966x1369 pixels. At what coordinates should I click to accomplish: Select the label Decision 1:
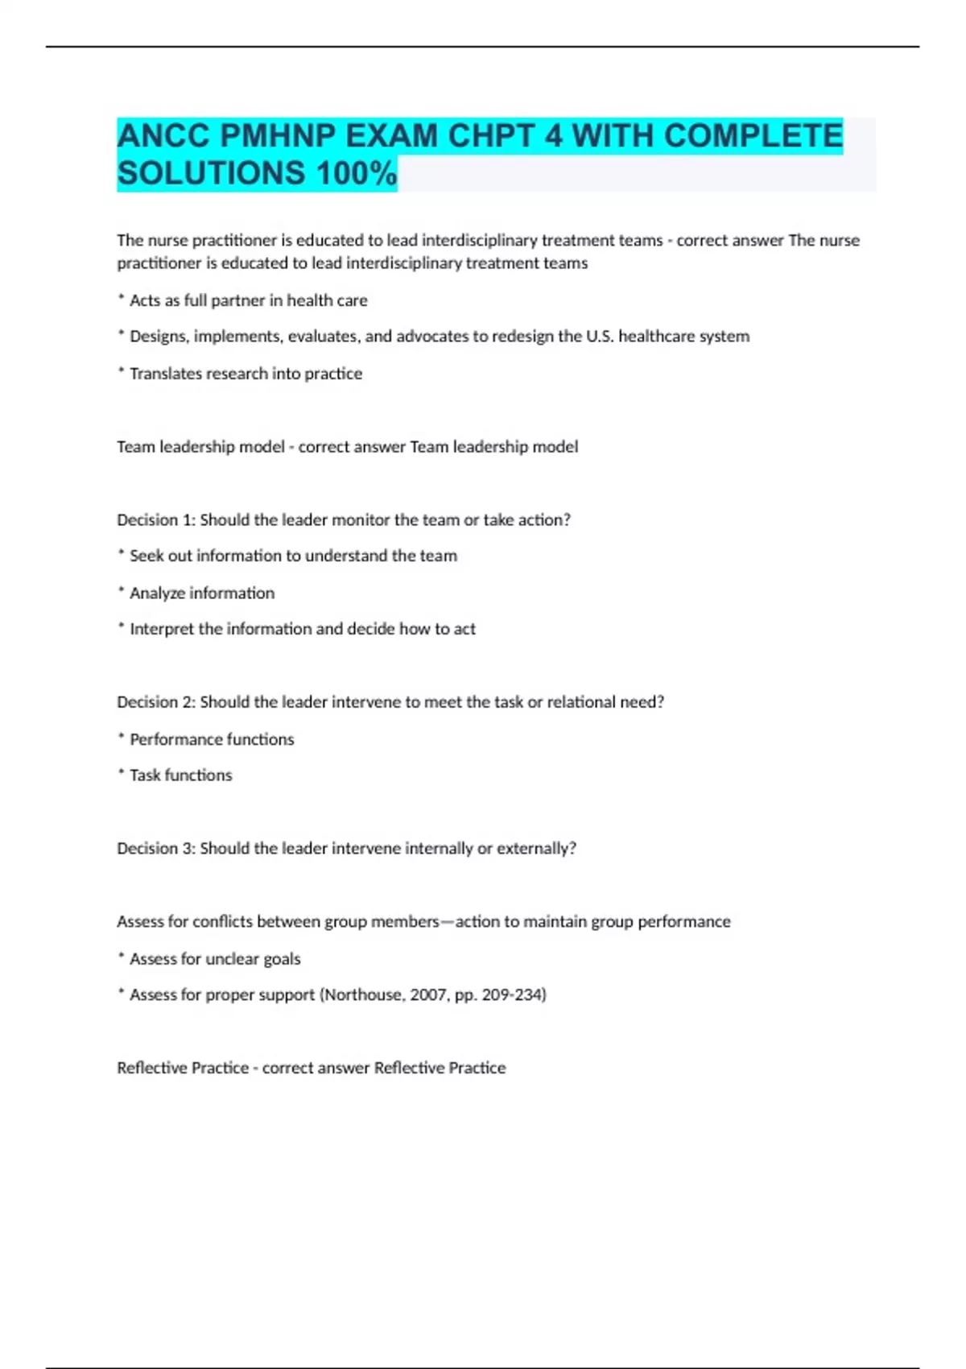[x=156, y=520]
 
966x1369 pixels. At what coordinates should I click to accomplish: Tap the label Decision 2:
[x=156, y=702]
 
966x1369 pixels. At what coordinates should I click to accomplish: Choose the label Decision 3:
[x=156, y=849]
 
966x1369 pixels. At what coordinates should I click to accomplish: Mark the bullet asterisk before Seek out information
[x=122, y=554]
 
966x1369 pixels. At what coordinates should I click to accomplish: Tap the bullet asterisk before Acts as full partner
[x=122, y=298]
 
